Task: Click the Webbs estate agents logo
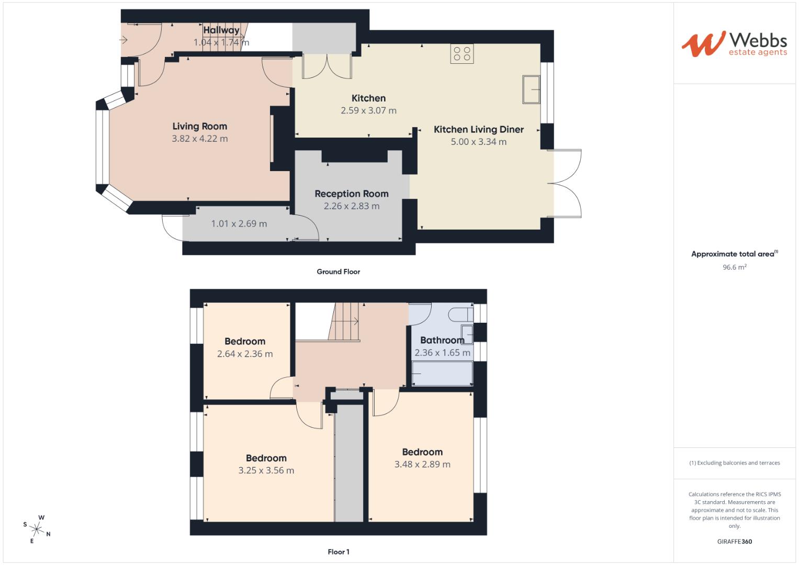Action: [734, 44]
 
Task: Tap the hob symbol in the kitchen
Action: [462, 54]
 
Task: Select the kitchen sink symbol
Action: [531, 89]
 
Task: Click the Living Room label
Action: [200, 126]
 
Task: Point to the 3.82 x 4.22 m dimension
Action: [200, 139]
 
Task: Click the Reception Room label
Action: [351, 194]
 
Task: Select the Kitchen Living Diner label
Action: [478, 129]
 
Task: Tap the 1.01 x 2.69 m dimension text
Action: [239, 224]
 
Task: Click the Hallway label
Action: [221, 30]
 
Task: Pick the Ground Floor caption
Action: [338, 272]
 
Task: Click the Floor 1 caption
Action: [338, 552]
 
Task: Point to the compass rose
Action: [37, 529]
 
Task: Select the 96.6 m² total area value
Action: [734, 267]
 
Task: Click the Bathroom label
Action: [442, 340]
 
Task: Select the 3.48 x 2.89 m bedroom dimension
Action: [422, 464]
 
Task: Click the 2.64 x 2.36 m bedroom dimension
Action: [245, 354]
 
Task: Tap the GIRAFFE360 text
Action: [734, 541]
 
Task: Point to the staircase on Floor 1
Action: [344, 321]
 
